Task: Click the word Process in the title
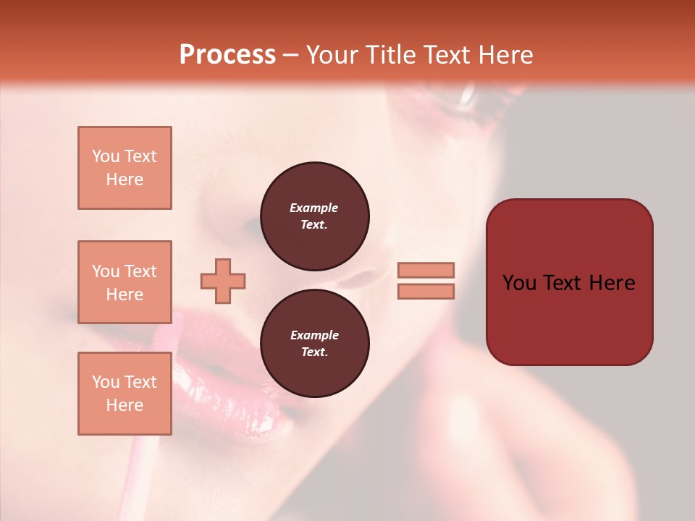coord(227,55)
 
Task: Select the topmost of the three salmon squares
coord(125,168)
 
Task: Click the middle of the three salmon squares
coord(125,282)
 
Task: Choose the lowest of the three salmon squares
coord(125,394)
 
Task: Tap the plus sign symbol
coord(223,281)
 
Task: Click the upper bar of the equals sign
coord(426,270)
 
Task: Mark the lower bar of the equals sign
coord(426,292)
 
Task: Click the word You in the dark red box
coord(519,283)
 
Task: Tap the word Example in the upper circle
coord(314,208)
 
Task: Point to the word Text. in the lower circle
coord(314,352)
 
